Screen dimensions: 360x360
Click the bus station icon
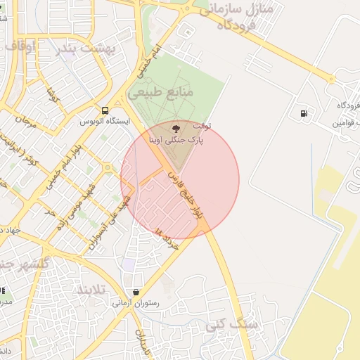point(105,110)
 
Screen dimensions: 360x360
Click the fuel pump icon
point(304,113)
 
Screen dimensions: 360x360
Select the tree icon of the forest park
point(175,128)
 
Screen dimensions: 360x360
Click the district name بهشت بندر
point(87,49)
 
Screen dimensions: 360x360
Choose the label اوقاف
point(22,46)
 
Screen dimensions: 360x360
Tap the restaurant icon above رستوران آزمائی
point(136,292)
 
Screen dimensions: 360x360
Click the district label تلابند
point(91,290)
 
